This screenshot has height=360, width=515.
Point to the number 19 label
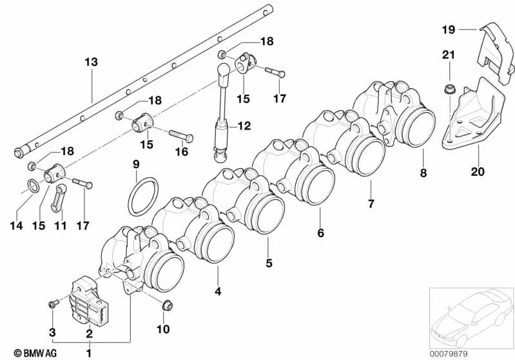pos(449,29)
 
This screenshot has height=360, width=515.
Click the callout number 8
pos(423,173)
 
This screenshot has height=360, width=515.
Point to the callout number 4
pos(218,292)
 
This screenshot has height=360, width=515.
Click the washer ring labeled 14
pos(30,187)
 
